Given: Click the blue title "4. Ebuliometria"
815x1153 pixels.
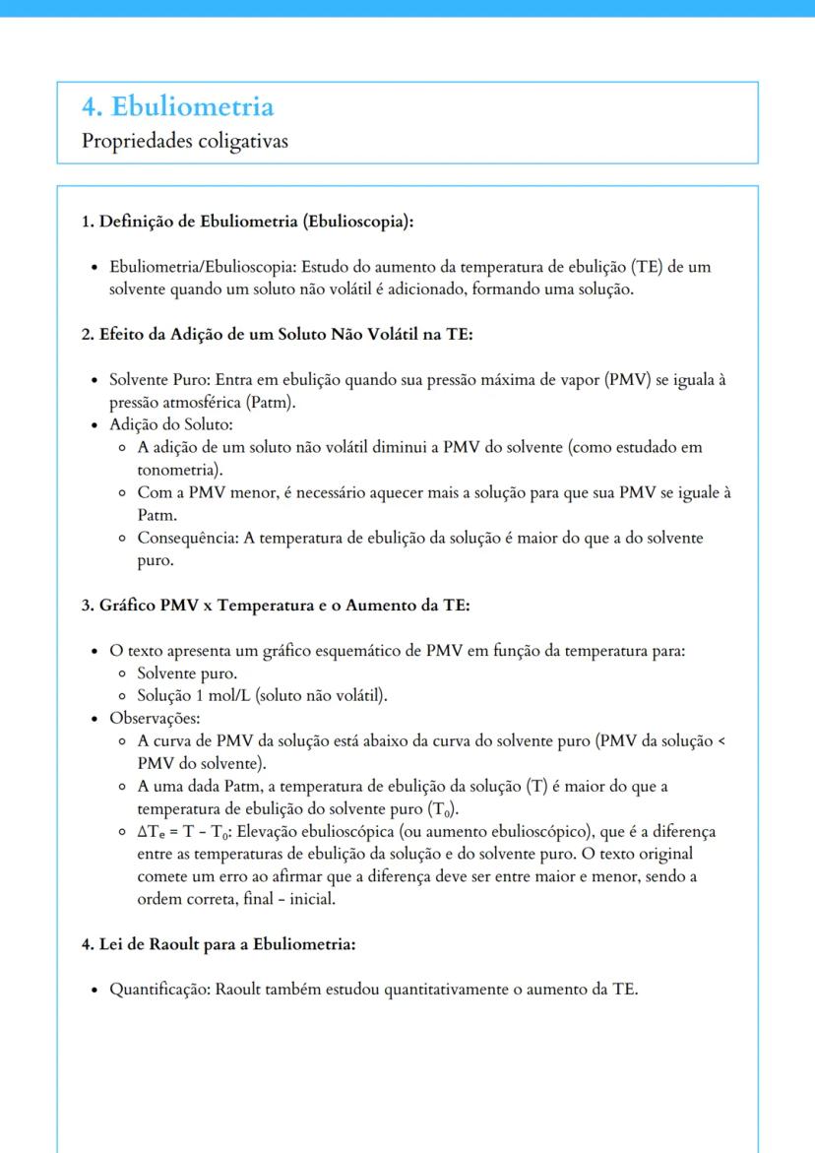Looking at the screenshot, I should [177, 106].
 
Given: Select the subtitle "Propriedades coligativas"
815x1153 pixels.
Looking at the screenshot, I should [185, 142].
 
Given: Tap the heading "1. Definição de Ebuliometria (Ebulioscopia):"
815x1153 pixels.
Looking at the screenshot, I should [247, 222].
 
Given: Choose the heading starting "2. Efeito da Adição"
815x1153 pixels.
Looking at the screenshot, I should [277, 335].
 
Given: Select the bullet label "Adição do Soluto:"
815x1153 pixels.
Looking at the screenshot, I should [170, 425].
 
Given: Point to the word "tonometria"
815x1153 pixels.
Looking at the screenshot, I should [177, 470].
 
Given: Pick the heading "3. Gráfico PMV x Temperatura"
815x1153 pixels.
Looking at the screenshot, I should [275, 605].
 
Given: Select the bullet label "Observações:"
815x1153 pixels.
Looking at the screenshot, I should [155, 719].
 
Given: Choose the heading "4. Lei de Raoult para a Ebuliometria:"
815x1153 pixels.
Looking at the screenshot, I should [218, 944].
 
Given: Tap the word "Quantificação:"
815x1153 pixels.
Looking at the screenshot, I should [159, 990].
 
